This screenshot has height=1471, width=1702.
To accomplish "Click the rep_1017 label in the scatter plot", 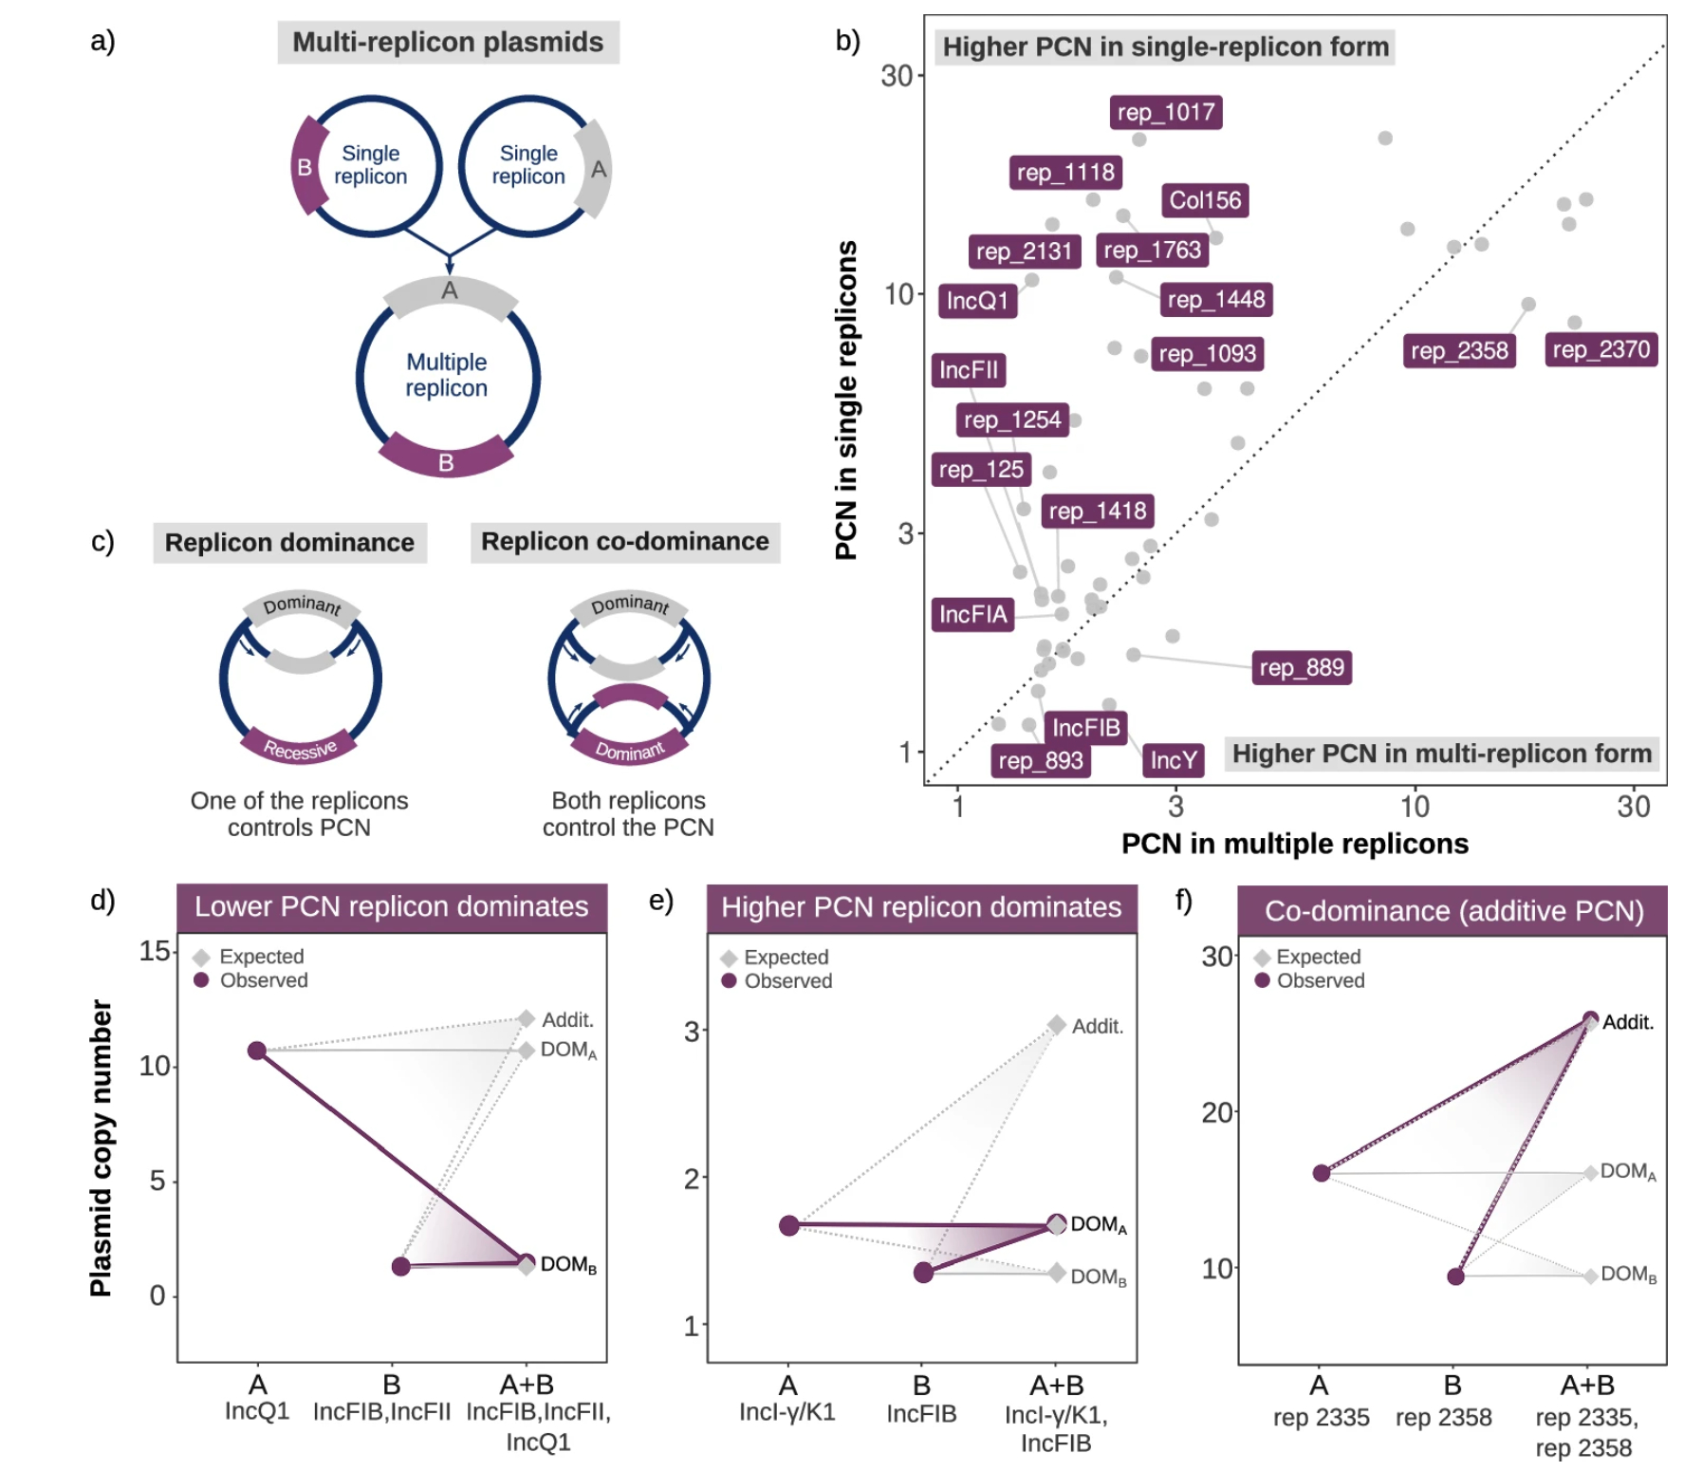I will coord(1165,112).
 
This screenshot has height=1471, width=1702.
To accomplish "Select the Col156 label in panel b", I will coord(1204,200).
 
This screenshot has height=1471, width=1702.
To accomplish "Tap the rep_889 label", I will coord(1301,667).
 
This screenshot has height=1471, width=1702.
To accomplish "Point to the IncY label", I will coord(1173,760).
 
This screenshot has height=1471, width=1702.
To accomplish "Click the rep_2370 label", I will coord(1600,349).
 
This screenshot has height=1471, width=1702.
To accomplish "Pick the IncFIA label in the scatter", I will coord(972,614).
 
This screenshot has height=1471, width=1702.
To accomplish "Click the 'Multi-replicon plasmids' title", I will coord(448,42).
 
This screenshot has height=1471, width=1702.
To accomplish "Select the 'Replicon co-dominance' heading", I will coord(624,541).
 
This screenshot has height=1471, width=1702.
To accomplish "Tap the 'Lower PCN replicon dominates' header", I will coord(391,906).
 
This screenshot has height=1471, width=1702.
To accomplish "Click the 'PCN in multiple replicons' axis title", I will coord(1294,844).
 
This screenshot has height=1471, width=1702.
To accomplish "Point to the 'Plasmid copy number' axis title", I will coord(101,1147).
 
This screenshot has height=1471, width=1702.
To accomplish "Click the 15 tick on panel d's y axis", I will coord(155,951).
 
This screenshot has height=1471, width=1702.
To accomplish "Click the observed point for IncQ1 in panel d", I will coord(256,1051).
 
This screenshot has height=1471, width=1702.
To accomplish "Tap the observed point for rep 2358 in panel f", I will coord(1455,1276).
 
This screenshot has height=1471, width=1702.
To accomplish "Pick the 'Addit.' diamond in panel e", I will coord(1057,1025).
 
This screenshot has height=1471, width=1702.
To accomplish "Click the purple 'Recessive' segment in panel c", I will coord(300,747).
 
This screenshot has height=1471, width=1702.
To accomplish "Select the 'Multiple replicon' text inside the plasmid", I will coord(447,375).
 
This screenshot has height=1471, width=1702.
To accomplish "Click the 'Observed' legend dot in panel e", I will coord(729,980).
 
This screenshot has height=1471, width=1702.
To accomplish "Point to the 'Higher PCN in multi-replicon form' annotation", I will coord(1441,754).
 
